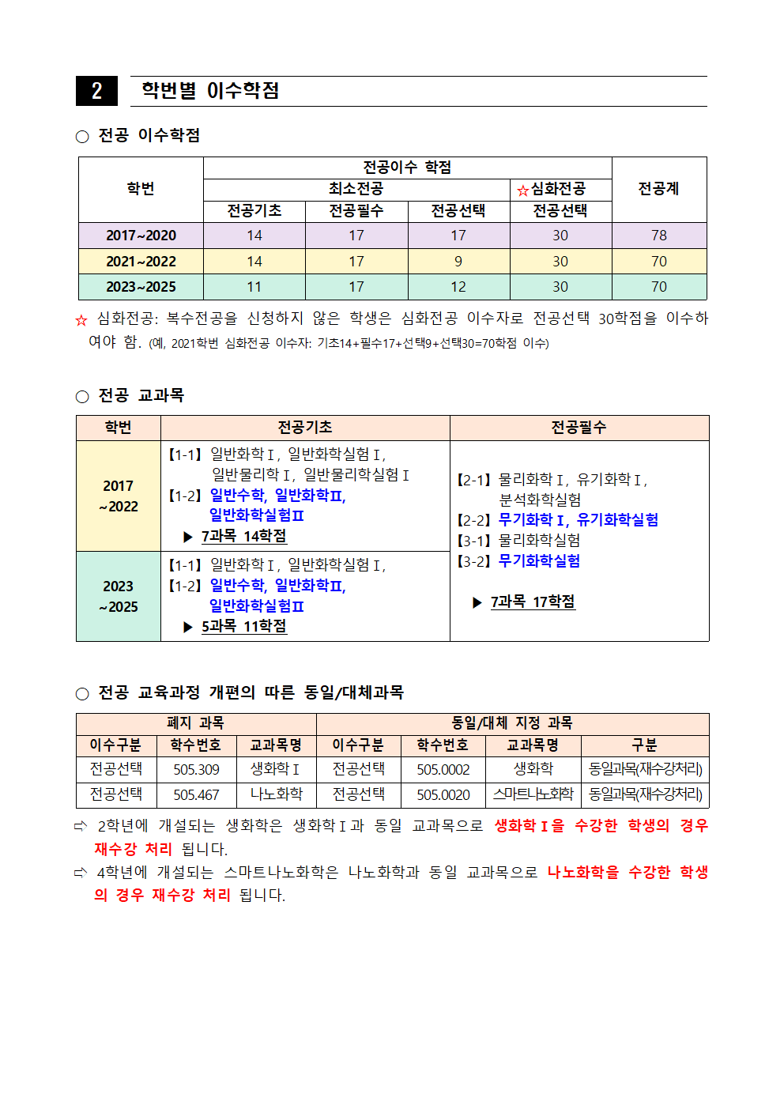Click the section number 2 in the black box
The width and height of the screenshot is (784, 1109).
coord(96,91)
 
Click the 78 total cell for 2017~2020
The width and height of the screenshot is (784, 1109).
coord(658,236)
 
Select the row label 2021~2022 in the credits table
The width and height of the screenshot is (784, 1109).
coord(141,262)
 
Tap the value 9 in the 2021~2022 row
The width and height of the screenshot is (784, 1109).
coord(458,262)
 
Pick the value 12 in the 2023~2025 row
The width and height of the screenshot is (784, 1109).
coord(458,287)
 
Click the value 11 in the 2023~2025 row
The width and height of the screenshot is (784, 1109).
coord(254,287)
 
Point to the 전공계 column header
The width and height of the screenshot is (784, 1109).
coord(658,189)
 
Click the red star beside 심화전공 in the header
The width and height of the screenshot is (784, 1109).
coord(522,190)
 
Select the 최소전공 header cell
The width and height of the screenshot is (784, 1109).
coord(356,189)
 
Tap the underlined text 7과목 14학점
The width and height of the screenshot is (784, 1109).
coord(243,536)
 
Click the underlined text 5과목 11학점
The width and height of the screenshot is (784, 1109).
coord(243,626)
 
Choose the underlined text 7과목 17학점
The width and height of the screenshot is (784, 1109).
coord(533,602)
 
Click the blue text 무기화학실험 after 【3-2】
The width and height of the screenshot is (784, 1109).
coord(539,560)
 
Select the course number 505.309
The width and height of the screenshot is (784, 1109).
coord(196,769)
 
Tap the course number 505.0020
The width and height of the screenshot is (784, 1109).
coord(443,794)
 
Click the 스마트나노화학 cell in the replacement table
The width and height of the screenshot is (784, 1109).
coord(533,794)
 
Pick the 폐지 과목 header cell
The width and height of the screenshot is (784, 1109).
coord(195,723)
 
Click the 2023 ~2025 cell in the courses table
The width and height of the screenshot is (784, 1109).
coord(119,596)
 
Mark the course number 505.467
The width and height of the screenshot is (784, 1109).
coord(196,794)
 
